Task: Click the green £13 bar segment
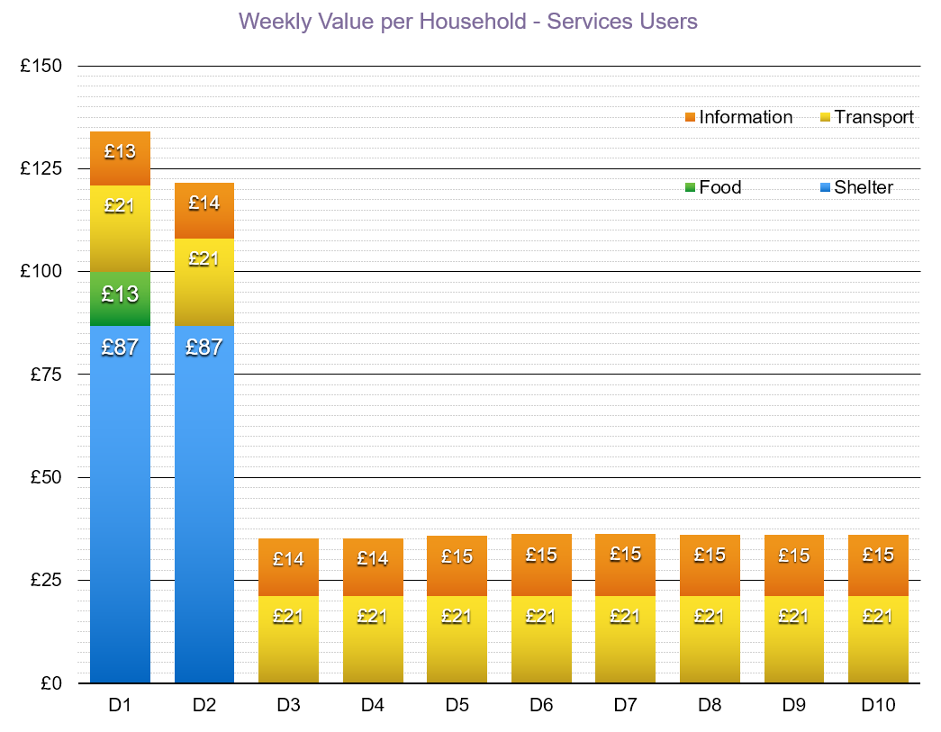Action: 120,297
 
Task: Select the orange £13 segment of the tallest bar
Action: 120,158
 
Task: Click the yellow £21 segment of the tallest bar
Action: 120,228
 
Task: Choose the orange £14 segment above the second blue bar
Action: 204,211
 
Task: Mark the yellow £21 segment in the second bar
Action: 204,281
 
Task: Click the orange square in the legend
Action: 690,117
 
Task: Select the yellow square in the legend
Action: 825,117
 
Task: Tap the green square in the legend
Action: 690,187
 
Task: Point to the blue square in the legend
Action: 825,187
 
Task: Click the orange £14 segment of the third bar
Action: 288,567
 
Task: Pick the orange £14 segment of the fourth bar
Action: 373,567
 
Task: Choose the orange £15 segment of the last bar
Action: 878,565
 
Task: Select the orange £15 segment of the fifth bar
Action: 457,565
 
